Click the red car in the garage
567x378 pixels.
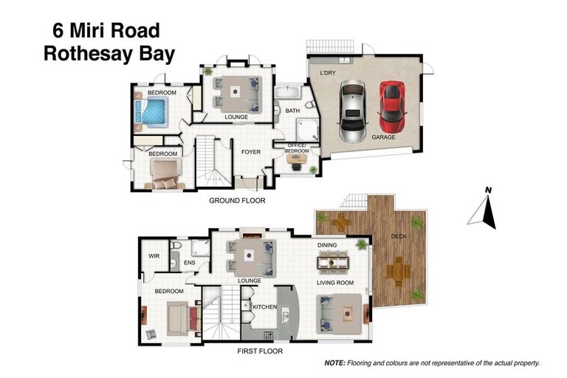[x=391, y=103]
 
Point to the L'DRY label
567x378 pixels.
[x=327, y=74]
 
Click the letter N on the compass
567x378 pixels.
[x=487, y=190]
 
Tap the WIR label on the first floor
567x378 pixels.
[x=154, y=255]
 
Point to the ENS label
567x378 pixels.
[x=189, y=261]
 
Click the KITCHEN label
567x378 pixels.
[x=264, y=306]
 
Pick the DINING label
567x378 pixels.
[x=327, y=244]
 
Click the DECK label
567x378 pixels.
[x=399, y=236]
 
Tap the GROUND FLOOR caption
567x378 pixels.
[x=237, y=200]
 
